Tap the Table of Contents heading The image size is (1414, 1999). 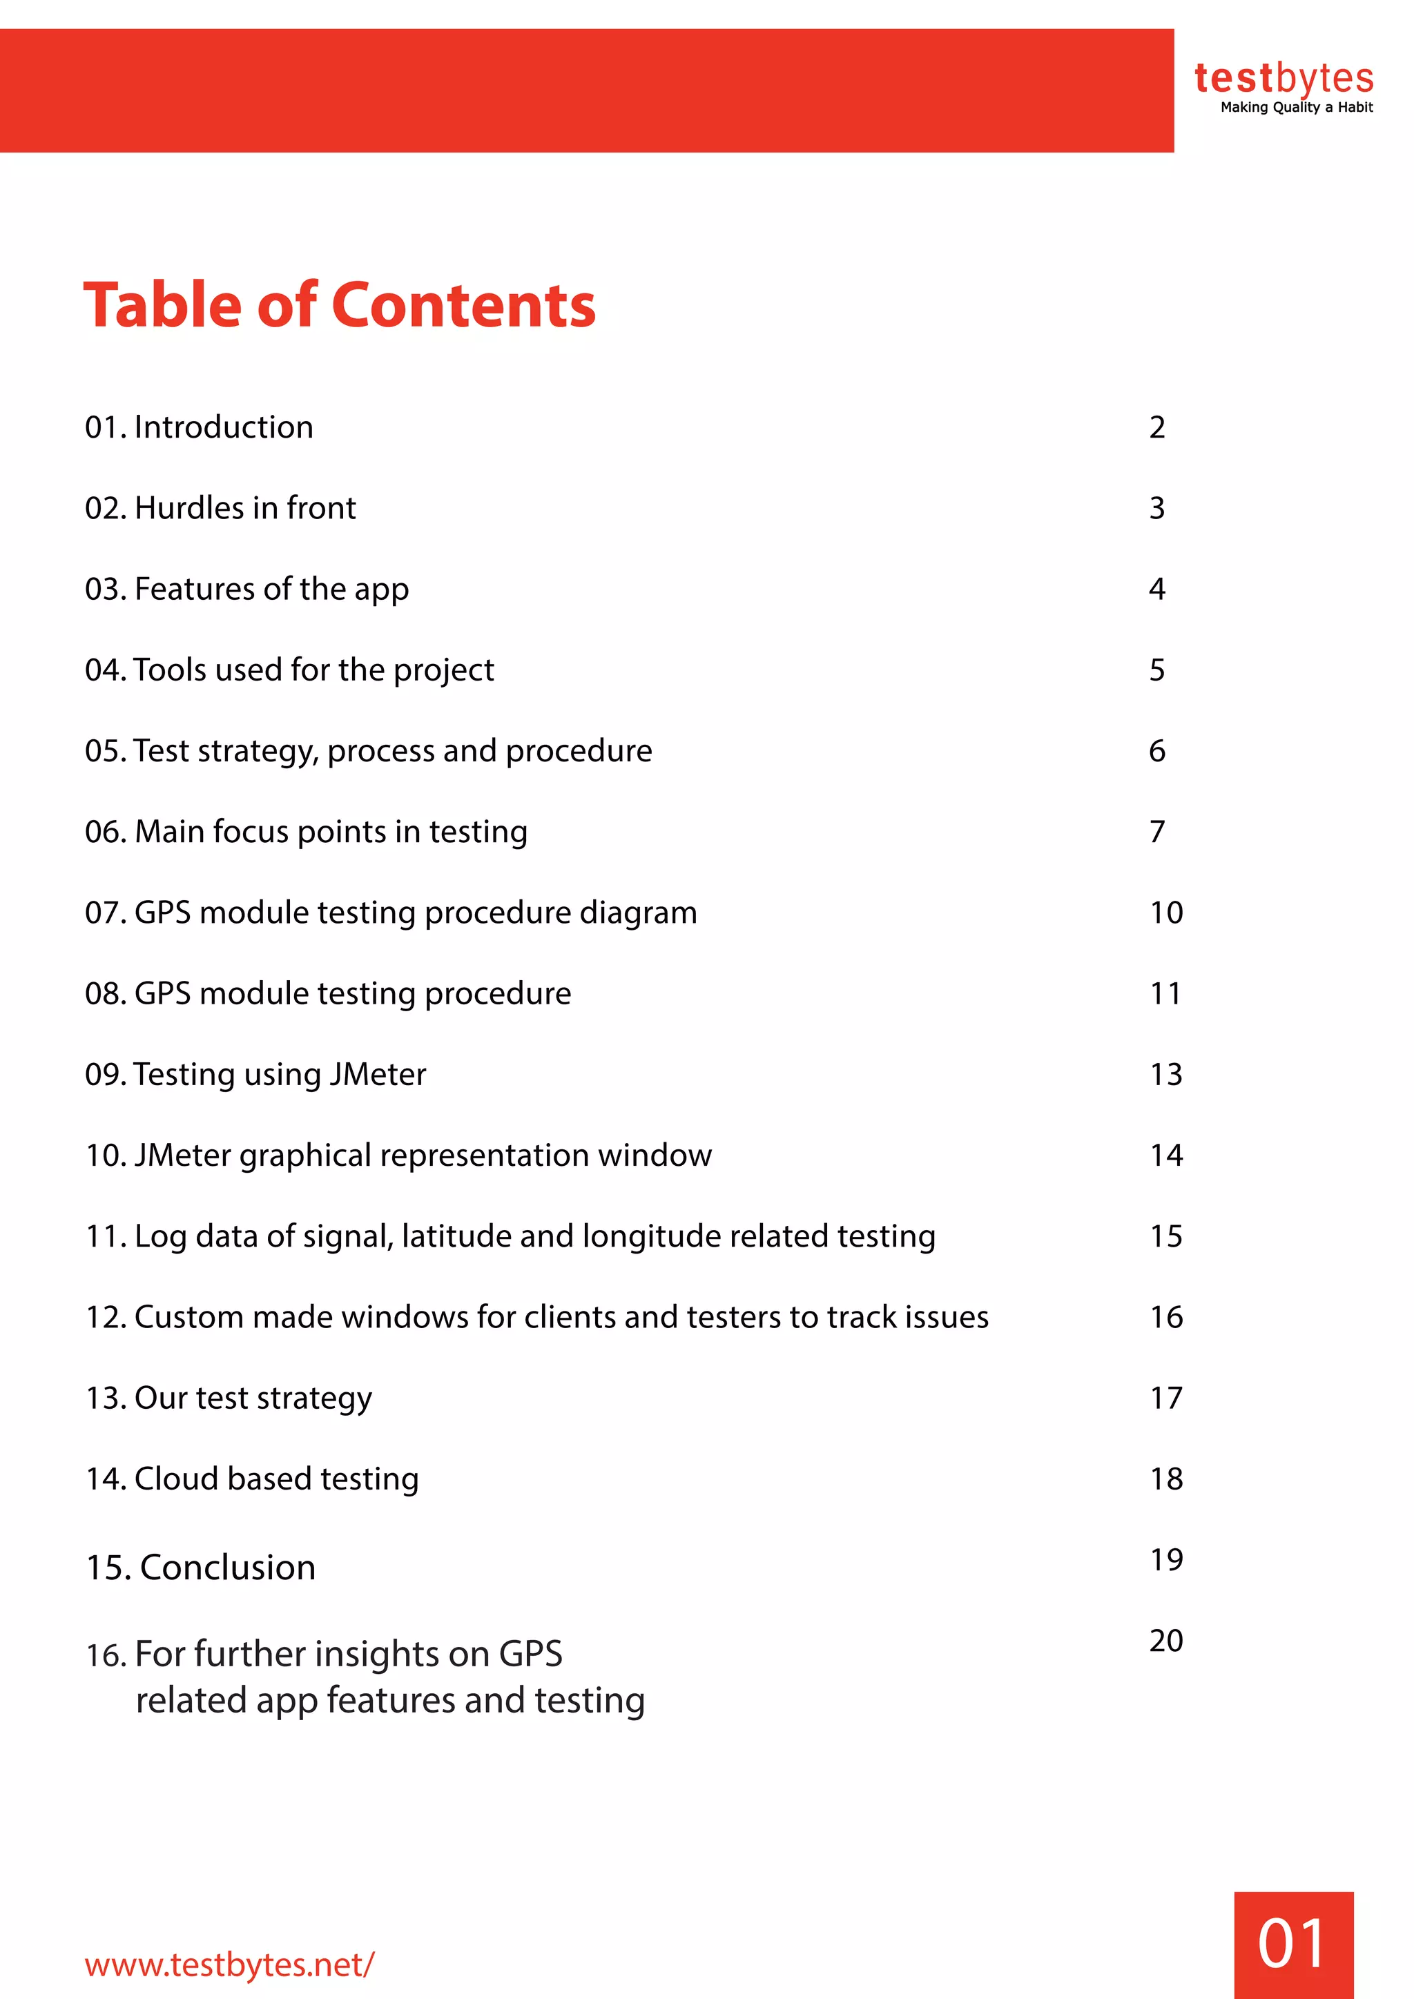(x=340, y=306)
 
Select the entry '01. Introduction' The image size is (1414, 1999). (x=200, y=427)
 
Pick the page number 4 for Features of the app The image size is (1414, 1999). (x=1156, y=589)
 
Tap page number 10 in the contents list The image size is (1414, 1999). (x=1166, y=913)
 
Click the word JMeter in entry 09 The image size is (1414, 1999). (x=378, y=1074)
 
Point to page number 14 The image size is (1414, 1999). (x=1166, y=1155)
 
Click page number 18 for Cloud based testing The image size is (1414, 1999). (x=1166, y=1479)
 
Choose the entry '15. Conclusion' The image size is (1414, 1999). (x=200, y=1567)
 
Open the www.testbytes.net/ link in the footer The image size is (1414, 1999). (x=229, y=1964)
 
